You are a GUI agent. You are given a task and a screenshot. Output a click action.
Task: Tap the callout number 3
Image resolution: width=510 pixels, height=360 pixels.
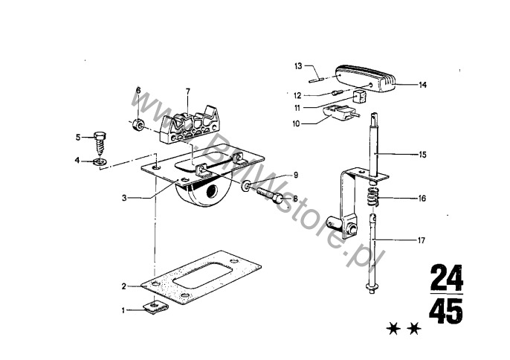(x=126, y=198)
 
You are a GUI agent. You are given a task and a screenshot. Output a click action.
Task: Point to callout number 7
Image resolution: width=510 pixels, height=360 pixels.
(x=188, y=91)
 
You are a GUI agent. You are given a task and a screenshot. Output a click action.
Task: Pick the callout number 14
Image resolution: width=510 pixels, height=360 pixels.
(x=422, y=86)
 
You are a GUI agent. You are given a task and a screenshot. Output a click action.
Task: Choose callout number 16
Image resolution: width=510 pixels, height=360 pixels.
(x=422, y=199)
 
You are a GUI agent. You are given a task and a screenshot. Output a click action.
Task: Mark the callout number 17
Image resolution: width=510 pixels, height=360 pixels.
(x=422, y=240)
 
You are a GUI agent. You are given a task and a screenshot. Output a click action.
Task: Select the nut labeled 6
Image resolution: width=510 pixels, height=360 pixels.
(x=137, y=123)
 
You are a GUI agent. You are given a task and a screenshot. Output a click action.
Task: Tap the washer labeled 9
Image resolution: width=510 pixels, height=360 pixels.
(x=246, y=183)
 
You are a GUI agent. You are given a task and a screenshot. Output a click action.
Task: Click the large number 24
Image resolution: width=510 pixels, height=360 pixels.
(x=445, y=279)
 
